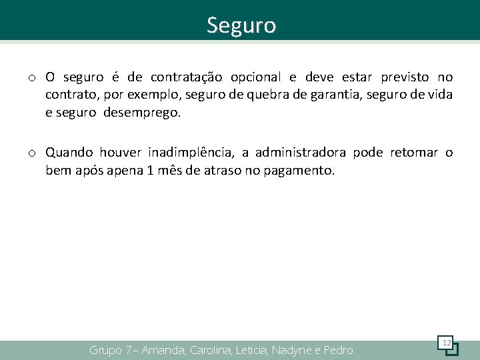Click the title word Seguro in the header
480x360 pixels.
[241, 25]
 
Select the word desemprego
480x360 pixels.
[142, 113]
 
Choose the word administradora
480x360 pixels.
[300, 153]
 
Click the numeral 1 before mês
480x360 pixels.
[151, 170]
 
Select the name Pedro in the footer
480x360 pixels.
[339, 350]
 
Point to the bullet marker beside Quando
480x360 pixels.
[32, 153]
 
